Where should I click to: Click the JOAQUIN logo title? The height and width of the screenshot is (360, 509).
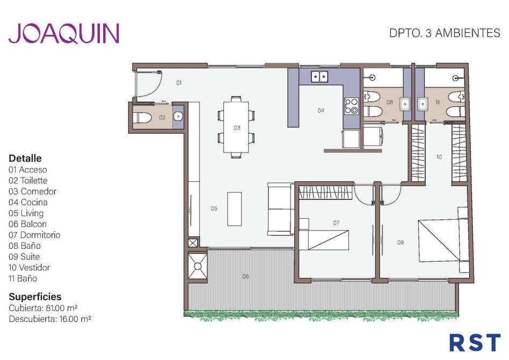(x=64, y=33)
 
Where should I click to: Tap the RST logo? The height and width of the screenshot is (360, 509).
(x=475, y=342)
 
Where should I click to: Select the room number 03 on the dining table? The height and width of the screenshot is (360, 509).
(x=237, y=128)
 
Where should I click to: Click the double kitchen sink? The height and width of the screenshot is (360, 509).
(x=320, y=77)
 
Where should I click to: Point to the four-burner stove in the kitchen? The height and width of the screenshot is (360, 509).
(x=351, y=106)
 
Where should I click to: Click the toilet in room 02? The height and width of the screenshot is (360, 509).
(x=142, y=117)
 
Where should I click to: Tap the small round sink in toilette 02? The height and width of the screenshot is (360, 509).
(x=178, y=116)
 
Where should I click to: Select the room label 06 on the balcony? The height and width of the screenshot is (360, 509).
(x=245, y=276)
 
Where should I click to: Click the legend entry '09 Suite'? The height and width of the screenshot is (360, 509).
(x=24, y=257)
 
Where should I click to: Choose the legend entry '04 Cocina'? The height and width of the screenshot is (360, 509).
(x=28, y=202)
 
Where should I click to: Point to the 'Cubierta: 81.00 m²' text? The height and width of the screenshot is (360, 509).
(x=43, y=308)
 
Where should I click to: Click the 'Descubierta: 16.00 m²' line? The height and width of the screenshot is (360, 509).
(x=50, y=319)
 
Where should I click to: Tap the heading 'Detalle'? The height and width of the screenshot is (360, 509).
(x=25, y=158)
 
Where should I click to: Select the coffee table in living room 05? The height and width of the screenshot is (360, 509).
(x=235, y=209)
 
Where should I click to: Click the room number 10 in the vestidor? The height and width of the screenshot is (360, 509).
(x=439, y=157)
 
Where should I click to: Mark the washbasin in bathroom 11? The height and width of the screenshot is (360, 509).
(x=423, y=104)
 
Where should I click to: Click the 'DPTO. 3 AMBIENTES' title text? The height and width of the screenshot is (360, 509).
(x=445, y=33)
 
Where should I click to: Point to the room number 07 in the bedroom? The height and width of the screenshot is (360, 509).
(x=336, y=223)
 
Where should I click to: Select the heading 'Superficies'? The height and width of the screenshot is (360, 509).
(x=35, y=297)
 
